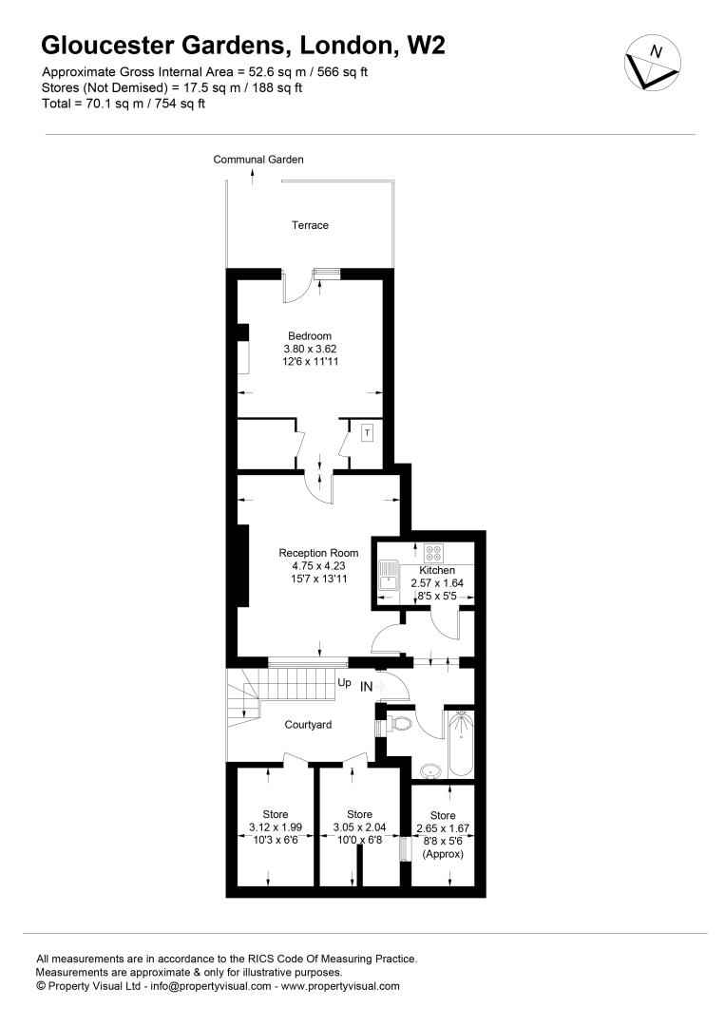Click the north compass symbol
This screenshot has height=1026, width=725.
653,63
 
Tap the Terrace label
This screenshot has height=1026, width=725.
310,225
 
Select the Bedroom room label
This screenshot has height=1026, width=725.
310,336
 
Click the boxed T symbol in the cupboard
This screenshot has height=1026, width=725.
367,432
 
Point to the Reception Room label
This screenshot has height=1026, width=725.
318,553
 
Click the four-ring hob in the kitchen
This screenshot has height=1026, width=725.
433,554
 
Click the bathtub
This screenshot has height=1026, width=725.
461,744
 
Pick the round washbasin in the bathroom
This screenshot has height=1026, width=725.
430,771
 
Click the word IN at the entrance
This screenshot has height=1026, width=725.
367,687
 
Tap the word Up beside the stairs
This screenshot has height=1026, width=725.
344,683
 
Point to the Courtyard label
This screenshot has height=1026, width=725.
308,725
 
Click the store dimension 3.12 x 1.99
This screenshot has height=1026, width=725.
276,827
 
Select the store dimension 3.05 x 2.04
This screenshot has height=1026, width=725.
359,827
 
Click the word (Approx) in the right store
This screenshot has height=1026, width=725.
443,854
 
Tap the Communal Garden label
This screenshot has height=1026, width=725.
258,159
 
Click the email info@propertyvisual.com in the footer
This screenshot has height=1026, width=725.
211,986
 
